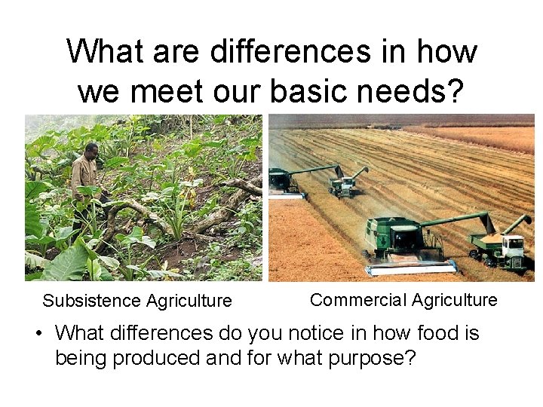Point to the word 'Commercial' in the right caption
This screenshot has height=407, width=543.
click(x=357, y=300)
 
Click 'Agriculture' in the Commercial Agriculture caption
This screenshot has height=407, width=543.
click(x=452, y=300)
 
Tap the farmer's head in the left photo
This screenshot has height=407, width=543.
click(x=91, y=148)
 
